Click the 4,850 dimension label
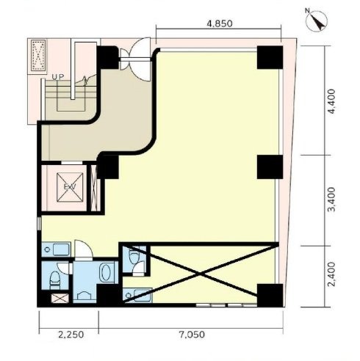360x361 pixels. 220,23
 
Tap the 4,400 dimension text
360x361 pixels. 332,101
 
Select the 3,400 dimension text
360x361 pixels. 332,200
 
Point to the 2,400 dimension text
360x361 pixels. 332,274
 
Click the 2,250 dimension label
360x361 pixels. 71,335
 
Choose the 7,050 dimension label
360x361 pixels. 192,335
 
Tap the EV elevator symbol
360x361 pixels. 70,187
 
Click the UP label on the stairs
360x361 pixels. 58,77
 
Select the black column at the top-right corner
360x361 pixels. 270,57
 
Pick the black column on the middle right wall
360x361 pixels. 270,167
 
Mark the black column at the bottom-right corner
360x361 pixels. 270,295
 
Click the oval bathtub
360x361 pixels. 107,271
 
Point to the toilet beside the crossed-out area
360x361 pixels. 134,256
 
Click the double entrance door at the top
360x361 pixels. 135,59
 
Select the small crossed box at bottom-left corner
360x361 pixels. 60,299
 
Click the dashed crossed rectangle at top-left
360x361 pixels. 38,56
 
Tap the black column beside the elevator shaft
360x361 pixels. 108,167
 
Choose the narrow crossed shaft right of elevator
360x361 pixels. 94,188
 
